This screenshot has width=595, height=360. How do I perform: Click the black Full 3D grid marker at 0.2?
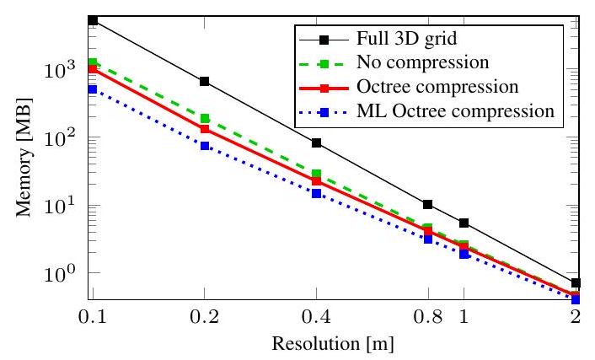[x=205, y=82]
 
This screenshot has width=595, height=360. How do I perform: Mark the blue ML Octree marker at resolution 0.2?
[x=205, y=146]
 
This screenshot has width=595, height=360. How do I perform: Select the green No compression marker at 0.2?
[x=205, y=118]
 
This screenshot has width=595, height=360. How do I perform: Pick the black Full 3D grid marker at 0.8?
[x=428, y=204]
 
